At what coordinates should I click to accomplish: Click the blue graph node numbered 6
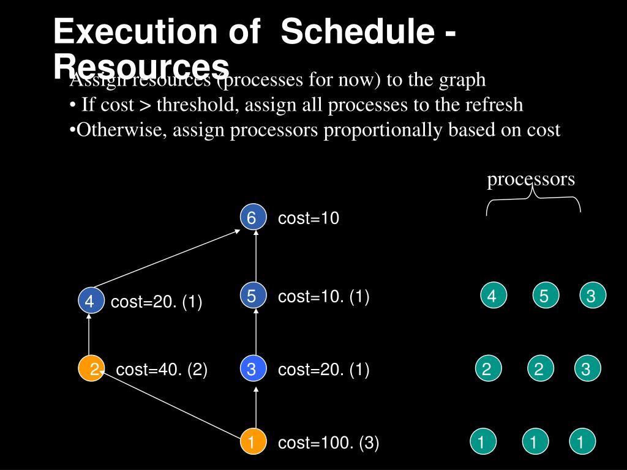tap(252, 218)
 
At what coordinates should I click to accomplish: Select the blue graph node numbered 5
tap(252, 296)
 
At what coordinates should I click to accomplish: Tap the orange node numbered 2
tap(91, 369)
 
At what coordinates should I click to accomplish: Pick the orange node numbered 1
tap(252, 442)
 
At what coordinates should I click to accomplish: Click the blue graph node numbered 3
tap(252, 369)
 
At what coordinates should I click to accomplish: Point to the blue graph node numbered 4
tap(89, 301)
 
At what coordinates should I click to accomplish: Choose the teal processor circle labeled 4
tap(492, 296)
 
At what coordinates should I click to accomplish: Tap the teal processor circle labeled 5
tap(543, 296)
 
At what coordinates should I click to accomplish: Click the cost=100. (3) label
tap(329, 443)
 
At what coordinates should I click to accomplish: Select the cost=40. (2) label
tap(162, 370)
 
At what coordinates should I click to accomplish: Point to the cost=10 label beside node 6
tap(309, 218)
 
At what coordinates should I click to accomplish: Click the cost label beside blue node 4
tap(157, 302)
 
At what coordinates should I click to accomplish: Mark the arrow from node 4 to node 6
tap(167, 258)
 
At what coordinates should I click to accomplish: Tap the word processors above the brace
tap(531, 179)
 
